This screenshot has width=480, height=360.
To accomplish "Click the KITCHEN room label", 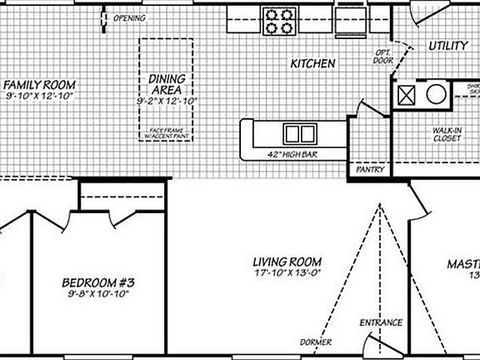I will (312, 64).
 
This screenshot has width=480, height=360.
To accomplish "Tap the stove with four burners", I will (278, 20).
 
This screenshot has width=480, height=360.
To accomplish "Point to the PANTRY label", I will (369, 169).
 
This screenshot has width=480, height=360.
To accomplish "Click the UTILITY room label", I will (447, 47).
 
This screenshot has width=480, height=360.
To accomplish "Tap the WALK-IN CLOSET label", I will (447, 134).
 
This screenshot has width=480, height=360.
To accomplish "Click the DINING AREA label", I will (166, 84).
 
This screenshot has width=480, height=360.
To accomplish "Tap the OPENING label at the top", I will (128, 17).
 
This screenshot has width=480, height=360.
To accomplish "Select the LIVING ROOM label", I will (287, 262).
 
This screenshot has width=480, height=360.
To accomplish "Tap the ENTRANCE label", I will (381, 322).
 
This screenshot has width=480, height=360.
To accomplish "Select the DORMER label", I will (316, 342).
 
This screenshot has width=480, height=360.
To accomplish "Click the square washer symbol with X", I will (408, 94).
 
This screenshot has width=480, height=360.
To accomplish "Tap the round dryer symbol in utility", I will (436, 94).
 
